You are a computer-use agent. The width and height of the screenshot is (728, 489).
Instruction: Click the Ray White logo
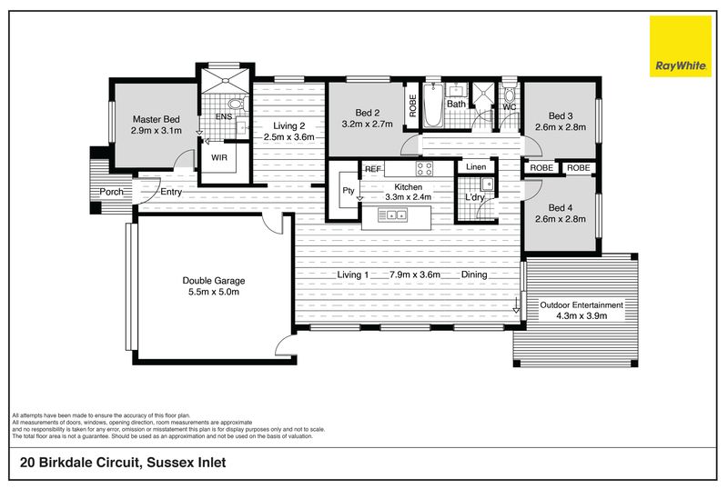point(680,46)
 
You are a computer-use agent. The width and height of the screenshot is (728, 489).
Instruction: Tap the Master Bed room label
point(156,119)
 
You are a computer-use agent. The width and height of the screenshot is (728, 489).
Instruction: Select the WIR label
point(219,157)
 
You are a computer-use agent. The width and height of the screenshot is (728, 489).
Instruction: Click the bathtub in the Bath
point(433,105)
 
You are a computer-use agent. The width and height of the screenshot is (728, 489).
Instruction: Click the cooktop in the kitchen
point(424,168)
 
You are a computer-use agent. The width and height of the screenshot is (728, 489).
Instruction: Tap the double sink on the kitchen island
point(392,215)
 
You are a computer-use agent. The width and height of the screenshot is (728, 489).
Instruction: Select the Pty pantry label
point(349,190)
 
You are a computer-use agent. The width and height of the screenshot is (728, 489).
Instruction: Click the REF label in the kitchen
point(373,169)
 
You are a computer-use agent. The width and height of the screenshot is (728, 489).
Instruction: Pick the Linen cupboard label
point(476,166)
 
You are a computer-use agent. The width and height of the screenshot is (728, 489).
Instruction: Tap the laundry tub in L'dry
point(487,185)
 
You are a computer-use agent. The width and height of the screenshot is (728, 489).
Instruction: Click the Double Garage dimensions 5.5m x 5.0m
point(214,292)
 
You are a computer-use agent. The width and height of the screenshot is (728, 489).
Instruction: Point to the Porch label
point(111,192)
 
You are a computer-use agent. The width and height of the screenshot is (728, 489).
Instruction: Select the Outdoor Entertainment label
point(581,304)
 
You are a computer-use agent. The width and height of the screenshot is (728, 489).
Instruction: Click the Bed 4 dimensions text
point(561,219)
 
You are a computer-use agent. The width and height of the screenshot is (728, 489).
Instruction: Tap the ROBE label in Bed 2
point(413,105)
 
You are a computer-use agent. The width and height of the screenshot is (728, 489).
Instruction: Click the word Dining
point(474,274)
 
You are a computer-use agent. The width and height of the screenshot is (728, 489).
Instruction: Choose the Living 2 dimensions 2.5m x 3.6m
point(288,137)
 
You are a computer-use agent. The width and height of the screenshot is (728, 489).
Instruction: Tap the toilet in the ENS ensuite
point(236,104)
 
